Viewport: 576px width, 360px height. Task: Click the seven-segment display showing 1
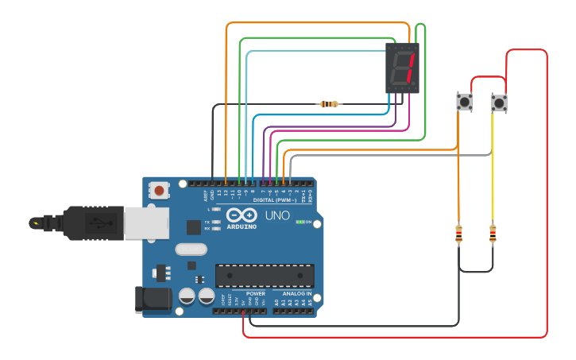pos(402,68)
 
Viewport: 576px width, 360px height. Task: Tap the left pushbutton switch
pos(464,102)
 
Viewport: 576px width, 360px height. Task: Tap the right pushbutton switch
pos(498,103)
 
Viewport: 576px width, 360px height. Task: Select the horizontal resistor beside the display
pos(328,104)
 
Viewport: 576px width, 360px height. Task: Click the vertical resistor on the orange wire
pos(458,234)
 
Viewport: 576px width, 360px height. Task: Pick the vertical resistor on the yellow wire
pos(493,234)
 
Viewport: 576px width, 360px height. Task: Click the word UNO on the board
pos(277,215)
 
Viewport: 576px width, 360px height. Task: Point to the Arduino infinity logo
pos(241,215)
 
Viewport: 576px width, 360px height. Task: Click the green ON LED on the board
pos(299,222)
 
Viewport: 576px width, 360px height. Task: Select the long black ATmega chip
pos(265,275)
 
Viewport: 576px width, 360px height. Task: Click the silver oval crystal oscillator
pos(191,249)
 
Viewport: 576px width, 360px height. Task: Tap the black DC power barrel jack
pos(153,299)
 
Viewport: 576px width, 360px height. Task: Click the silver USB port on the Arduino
pos(146,223)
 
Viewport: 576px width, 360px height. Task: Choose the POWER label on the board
pos(256,293)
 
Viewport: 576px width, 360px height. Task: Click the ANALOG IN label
pos(297,293)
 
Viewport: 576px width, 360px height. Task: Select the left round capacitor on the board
pos(187,296)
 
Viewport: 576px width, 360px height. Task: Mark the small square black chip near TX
pos(194,227)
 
